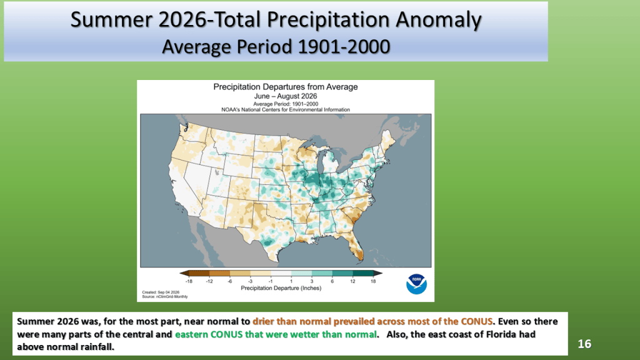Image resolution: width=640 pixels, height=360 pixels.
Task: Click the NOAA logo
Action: [x=416, y=284]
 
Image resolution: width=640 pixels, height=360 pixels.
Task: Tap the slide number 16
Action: [x=584, y=344]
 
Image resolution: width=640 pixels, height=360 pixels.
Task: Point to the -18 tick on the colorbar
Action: [x=189, y=281]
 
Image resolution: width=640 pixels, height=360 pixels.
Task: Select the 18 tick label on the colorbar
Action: [x=373, y=281]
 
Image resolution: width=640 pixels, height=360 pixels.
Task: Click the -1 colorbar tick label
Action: [x=270, y=281]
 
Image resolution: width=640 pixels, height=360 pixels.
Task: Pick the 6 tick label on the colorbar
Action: [x=332, y=281]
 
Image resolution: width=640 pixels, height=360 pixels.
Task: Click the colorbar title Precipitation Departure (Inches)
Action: [x=281, y=288]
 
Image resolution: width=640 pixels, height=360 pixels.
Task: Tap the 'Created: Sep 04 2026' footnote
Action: [x=161, y=292]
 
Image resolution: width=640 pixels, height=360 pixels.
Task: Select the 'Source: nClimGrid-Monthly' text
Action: [x=165, y=297]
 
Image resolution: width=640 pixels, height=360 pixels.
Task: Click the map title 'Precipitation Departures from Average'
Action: [x=285, y=87]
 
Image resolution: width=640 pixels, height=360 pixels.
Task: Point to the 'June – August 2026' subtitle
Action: [x=285, y=96]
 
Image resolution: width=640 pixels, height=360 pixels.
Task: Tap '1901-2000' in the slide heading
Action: [x=344, y=46]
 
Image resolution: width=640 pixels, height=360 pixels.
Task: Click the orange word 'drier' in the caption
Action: [x=263, y=321]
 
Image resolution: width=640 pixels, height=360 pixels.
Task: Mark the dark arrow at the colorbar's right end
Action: [x=378, y=274]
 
